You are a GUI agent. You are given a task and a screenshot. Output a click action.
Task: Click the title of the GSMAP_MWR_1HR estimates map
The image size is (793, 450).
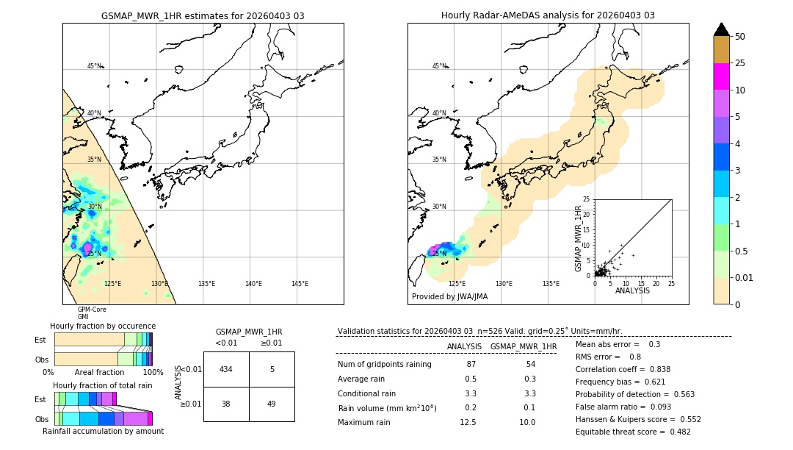click(203, 15)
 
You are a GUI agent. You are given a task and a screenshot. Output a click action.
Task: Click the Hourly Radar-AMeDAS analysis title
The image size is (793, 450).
click(548, 15)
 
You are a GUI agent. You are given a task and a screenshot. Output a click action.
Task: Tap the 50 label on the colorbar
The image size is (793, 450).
click(740, 37)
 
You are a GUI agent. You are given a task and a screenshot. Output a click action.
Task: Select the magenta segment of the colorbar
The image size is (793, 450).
click(722, 76)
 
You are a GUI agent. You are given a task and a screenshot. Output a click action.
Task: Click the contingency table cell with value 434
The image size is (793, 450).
click(226, 369)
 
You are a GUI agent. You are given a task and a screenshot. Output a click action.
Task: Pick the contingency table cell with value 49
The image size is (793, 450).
click(272, 404)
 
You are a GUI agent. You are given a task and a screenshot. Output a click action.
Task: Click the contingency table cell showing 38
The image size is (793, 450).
click(226, 404)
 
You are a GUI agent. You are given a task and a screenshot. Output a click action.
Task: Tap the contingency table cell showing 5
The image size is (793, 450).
click(272, 369)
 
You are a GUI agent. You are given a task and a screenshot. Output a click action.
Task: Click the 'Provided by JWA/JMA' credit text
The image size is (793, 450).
click(449, 297)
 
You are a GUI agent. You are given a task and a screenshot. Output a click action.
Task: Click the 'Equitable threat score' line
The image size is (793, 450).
click(633, 432)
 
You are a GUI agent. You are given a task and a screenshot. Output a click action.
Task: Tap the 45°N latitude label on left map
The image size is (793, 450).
click(94, 66)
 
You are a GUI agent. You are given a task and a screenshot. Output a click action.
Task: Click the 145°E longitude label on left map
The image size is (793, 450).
click(300, 284)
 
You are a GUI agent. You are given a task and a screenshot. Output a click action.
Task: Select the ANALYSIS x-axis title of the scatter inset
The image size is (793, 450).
click(632, 290)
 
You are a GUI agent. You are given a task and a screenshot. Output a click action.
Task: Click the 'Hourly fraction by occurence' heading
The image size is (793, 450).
click(103, 326)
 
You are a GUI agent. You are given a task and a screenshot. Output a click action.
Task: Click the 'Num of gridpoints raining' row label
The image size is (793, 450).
click(384, 365)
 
